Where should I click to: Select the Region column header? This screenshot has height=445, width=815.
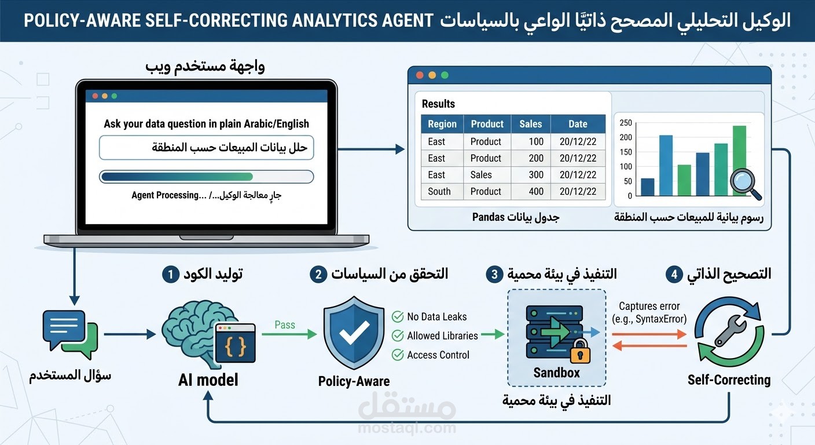pyautogui.click(x=442, y=124)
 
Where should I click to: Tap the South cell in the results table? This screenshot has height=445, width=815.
pyautogui.click(x=439, y=191)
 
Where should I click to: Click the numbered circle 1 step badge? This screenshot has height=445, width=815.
pyautogui.click(x=170, y=274)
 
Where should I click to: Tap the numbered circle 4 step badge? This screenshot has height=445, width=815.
pyautogui.click(x=674, y=274)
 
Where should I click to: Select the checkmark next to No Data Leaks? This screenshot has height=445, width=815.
pyautogui.click(x=398, y=316)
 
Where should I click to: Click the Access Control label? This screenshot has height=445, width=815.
pyautogui.click(x=438, y=355)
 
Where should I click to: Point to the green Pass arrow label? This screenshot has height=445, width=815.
pyautogui.click(x=285, y=325)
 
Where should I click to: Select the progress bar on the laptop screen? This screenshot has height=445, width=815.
pyautogui.click(x=207, y=176)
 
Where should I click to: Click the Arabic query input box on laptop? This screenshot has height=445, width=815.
pyautogui.click(x=207, y=147)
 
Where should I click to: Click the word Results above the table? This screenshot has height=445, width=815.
pyautogui.click(x=438, y=104)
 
